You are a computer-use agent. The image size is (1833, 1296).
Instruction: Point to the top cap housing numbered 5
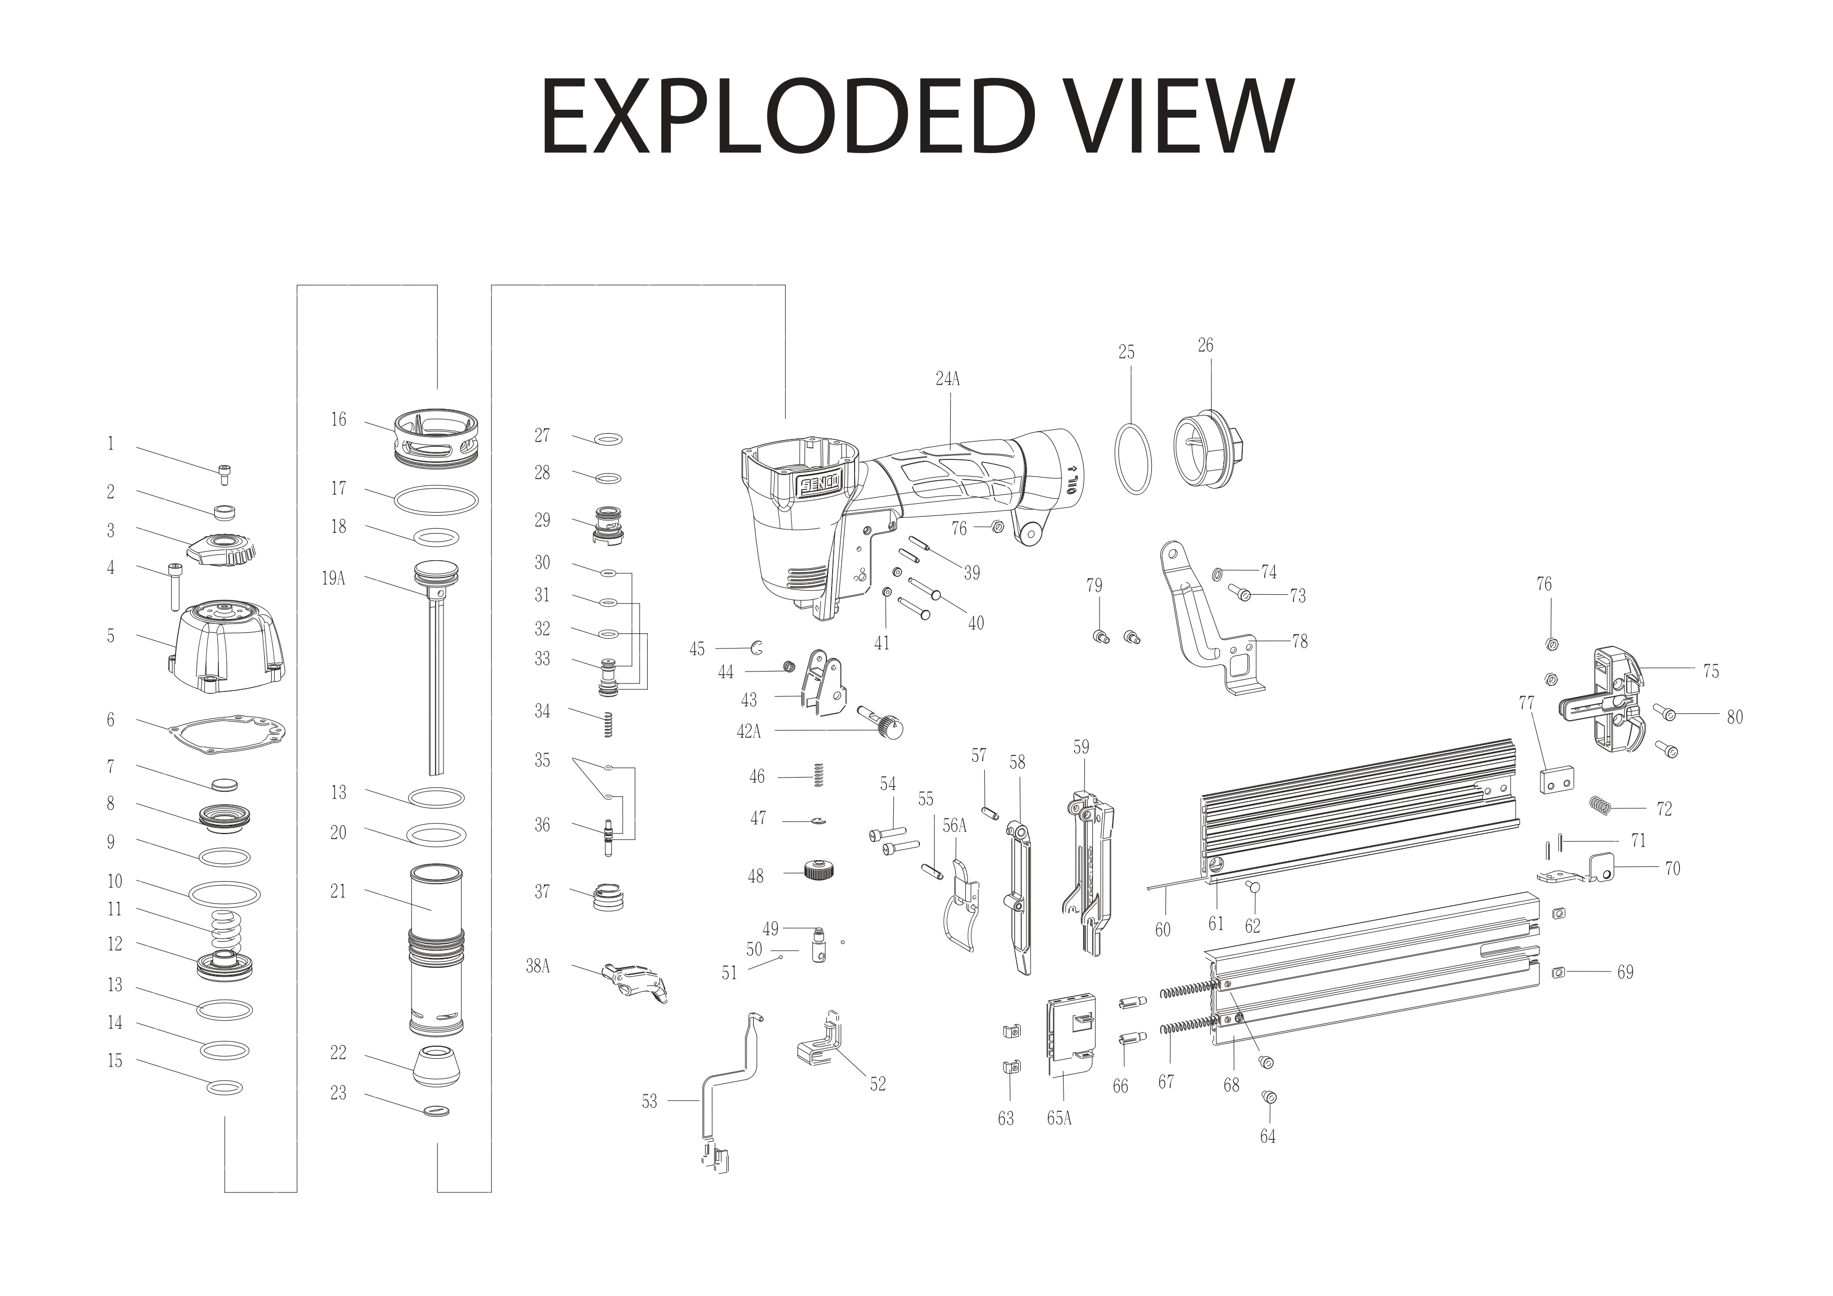pyautogui.click(x=228, y=647)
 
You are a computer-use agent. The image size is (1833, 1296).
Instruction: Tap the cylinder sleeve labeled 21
pyautogui.click(x=436, y=950)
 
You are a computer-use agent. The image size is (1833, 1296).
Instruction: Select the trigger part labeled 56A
pyautogui.click(x=961, y=910)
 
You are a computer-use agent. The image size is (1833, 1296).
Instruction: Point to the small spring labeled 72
pyautogui.click(x=1597, y=806)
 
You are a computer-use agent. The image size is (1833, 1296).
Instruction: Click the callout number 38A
pyautogui.click(x=538, y=966)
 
